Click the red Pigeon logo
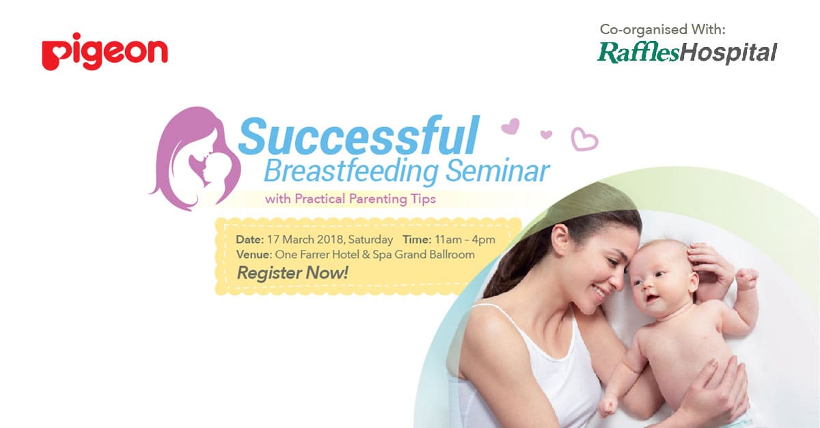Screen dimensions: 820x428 point(105,52)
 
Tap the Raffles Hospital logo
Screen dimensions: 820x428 point(687,53)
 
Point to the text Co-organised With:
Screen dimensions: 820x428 point(663,29)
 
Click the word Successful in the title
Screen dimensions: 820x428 point(359,135)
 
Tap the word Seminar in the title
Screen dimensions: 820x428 point(498,171)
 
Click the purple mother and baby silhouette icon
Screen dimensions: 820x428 point(195,159)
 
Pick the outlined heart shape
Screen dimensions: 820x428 point(584,139)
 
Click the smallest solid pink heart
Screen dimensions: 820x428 point(546,134)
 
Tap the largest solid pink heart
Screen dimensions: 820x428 point(510,126)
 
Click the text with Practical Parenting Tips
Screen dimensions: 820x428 point(351,199)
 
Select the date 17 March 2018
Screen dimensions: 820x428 point(305,240)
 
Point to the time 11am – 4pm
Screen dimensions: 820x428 point(465,240)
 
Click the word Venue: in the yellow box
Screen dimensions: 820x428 point(254,254)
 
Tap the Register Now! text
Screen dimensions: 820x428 point(292,273)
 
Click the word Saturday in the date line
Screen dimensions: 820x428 point(370,240)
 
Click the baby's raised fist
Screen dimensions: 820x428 point(747,279)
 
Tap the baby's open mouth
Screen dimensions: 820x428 point(653,298)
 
